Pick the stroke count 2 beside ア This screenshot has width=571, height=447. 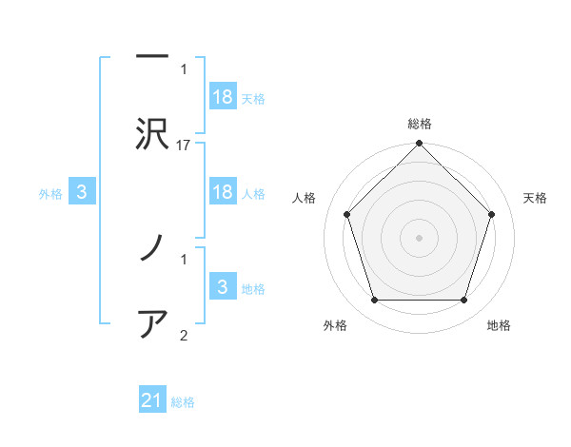click(184, 335)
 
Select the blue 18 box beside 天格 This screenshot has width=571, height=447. click(223, 97)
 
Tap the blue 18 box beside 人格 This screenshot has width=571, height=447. click(223, 192)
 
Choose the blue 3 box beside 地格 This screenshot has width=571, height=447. click(223, 287)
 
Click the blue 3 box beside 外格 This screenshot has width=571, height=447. click(82, 192)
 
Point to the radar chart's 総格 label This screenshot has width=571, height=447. click(420, 124)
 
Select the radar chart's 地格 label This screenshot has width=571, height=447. click(499, 325)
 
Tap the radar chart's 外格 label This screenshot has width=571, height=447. click(335, 325)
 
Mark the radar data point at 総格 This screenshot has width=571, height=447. click(420, 145)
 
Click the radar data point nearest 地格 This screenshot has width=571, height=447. click(464, 301)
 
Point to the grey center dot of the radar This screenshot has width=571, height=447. click(420, 238)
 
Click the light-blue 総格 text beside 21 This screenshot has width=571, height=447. click(183, 402)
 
